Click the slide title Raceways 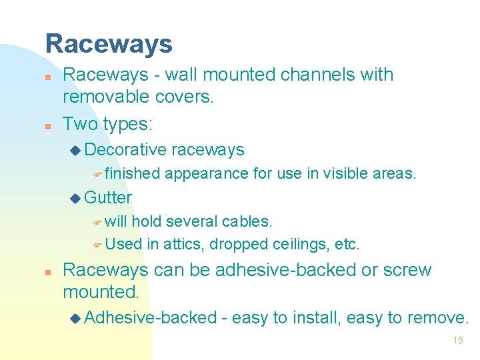pyautogui.click(x=109, y=44)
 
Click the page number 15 pyautogui.click(x=457, y=340)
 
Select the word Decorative pyautogui.click(x=126, y=149)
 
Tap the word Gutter pyautogui.click(x=109, y=197)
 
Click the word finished pyautogui.click(x=132, y=174)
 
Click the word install pyautogui.click(x=312, y=317)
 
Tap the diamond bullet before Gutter pyautogui.click(x=74, y=198)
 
